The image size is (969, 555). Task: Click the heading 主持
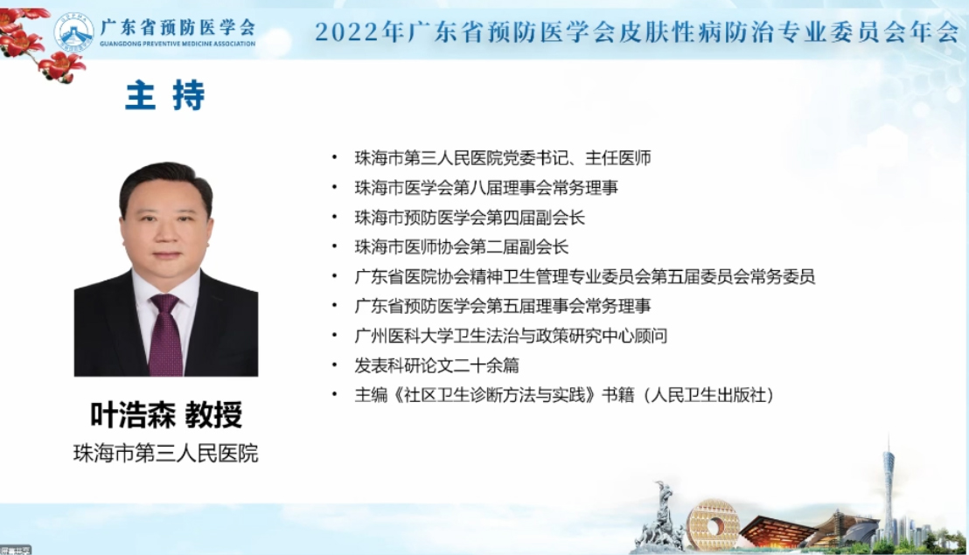point(165,95)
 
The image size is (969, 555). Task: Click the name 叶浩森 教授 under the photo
point(166,414)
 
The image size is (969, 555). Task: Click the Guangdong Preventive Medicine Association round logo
point(73,32)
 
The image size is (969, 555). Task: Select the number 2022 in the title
point(346,31)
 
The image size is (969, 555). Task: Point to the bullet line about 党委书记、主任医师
point(502,158)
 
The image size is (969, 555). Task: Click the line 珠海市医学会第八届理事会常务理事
point(485,188)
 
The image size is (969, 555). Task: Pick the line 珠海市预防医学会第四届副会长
point(470,218)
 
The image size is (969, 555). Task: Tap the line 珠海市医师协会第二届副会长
point(461,247)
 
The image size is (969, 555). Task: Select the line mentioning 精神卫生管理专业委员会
point(584,276)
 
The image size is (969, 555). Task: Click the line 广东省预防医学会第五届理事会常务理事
point(502,306)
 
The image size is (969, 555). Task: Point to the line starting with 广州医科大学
point(511,336)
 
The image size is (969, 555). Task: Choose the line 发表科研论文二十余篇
point(436,365)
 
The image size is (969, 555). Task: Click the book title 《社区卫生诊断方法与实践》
point(495,395)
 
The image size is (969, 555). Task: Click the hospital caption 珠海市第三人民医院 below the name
point(165,454)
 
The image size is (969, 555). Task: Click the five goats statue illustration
point(659,517)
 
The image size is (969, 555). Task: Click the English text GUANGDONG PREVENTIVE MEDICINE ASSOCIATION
point(178,44)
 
